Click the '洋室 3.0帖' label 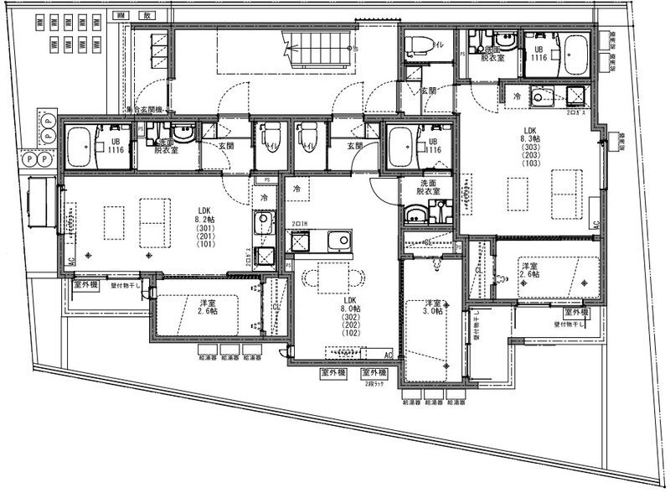pyautogui.click(x=434, y=309)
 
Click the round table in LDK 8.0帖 pyautogui.click(x=332, y=278)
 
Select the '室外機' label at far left pyautogui.click(x=86, y=285)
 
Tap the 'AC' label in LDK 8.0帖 pyautogui.click(x=388, y=355)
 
